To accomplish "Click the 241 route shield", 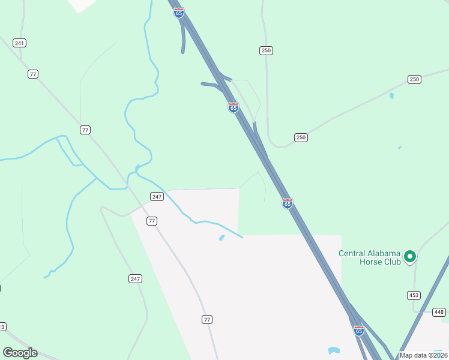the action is [20, 43].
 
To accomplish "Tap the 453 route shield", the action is [414, 295].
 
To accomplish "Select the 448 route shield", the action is [439, 312].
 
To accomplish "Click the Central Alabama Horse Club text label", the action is [369, 257].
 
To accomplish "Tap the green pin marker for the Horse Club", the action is [411, 257].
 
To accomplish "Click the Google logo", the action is [20, 353].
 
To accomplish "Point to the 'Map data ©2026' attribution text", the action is [424, 355].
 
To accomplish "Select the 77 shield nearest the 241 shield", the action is [33, 74].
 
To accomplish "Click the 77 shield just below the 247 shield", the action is [152, 221].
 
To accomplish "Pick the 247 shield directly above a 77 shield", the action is [157, 197].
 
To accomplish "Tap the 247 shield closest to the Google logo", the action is [135, 278].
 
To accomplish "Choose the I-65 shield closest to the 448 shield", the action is [359, 331].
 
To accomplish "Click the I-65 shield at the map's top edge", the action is [179, 13].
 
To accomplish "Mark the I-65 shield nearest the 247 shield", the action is [288, 203].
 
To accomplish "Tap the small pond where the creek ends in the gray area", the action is [222, 238].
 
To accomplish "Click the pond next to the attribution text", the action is [334, 350].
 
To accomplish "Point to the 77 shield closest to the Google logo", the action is [207, 319].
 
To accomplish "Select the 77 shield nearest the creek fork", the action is [85, 130].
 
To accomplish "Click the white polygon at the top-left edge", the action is [80, 4].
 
